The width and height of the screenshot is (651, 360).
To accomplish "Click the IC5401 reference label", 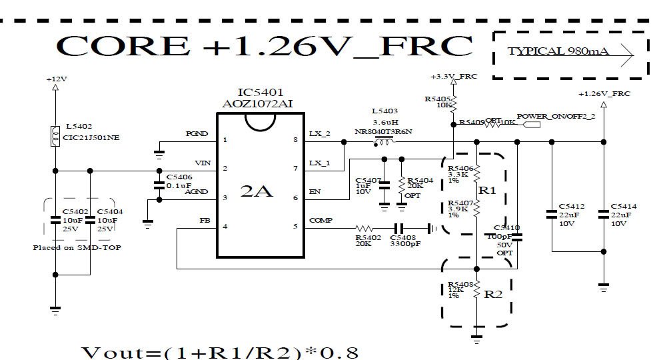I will [256, 92].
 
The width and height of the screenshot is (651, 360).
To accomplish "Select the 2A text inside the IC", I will [256, 191].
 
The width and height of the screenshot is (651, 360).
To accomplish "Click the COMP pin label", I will [321, 220].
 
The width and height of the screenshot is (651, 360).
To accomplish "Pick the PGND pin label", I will [197, 133].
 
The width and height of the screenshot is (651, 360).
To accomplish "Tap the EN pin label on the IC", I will [315, 191].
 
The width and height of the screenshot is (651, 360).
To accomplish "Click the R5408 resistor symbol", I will [476, 291].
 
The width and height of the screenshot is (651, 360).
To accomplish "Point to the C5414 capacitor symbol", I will [603, 214].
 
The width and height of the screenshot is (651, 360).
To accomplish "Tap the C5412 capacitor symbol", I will [551, 214].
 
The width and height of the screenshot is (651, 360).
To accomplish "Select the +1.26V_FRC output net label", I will [604, 94].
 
